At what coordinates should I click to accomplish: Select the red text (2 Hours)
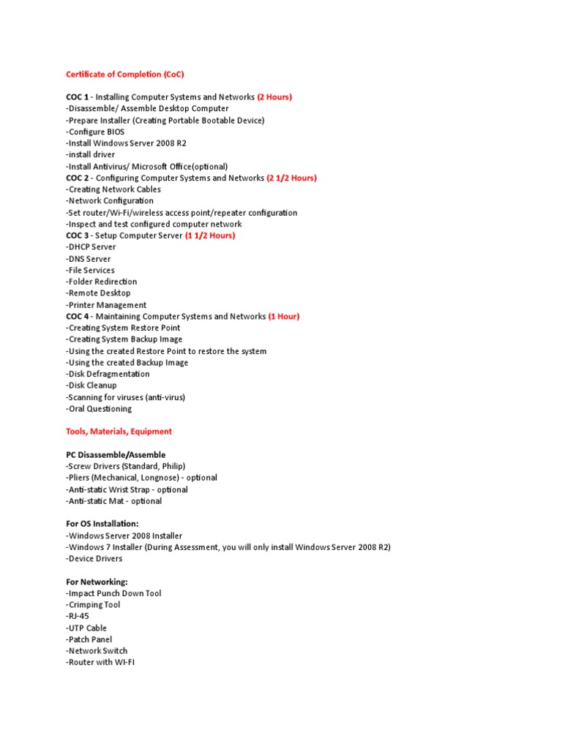274,97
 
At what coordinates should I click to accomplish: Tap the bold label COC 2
78,178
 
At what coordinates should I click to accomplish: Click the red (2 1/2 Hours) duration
292,178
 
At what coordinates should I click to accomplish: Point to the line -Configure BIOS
95,132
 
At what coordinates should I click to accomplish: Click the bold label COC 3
78,236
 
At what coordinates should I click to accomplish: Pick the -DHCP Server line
91,247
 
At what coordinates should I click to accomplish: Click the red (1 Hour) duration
284,316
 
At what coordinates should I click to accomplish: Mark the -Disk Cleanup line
91,385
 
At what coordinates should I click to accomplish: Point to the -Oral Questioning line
99,409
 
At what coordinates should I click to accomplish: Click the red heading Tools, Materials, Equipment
119,432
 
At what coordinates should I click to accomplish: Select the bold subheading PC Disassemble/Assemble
116,455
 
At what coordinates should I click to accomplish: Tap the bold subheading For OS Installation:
102,524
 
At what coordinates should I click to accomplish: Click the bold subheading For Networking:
97,581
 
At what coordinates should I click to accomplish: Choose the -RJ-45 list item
78,616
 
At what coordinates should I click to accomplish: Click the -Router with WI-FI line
100,662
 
